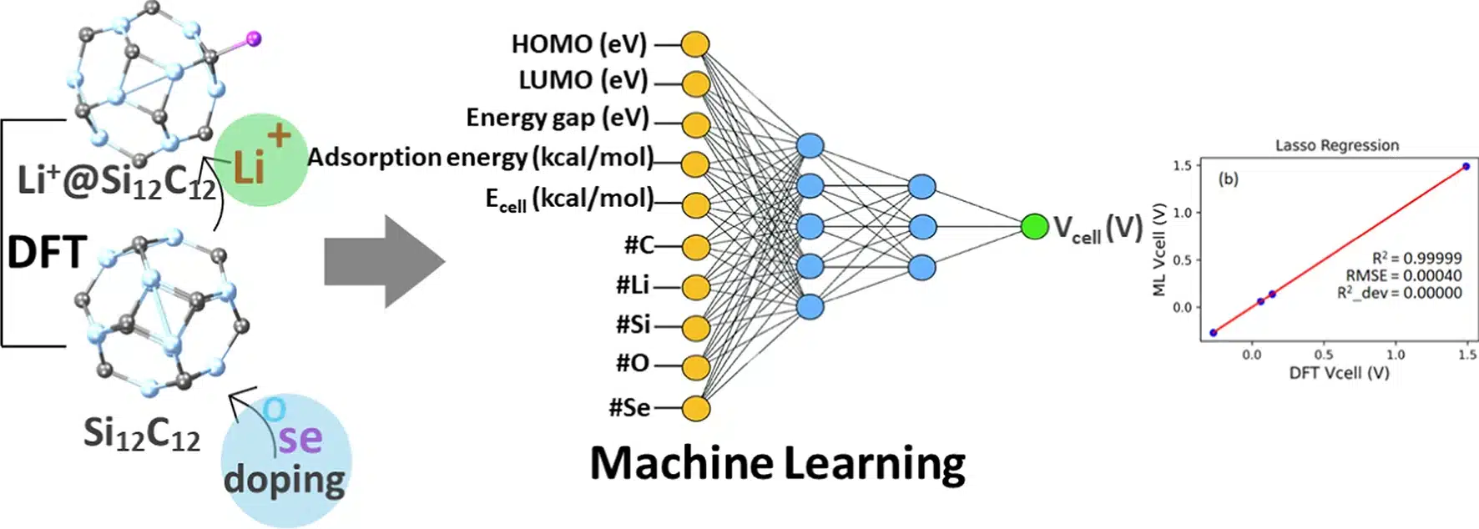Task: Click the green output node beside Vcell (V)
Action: point(1034,226)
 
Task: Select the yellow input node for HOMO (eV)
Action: point(695,44)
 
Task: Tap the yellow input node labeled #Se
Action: point(695,408)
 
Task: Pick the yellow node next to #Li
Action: point(695,287)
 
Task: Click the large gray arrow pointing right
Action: point(384,261)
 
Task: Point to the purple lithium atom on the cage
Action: point(254,38)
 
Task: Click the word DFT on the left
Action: point(47,253)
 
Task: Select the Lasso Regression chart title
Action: point(1336,145)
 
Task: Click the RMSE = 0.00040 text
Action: point(1403,275)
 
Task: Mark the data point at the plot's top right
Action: point(1466,166)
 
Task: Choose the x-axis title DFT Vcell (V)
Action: point(1339,373)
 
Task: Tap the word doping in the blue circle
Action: point(284,481)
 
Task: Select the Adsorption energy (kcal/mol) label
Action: point(480,157)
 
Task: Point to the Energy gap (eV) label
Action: point(557,118)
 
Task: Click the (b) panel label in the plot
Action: point(1228,179)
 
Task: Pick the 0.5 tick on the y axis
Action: point(1182,260)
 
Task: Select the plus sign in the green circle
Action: point(279,135)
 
